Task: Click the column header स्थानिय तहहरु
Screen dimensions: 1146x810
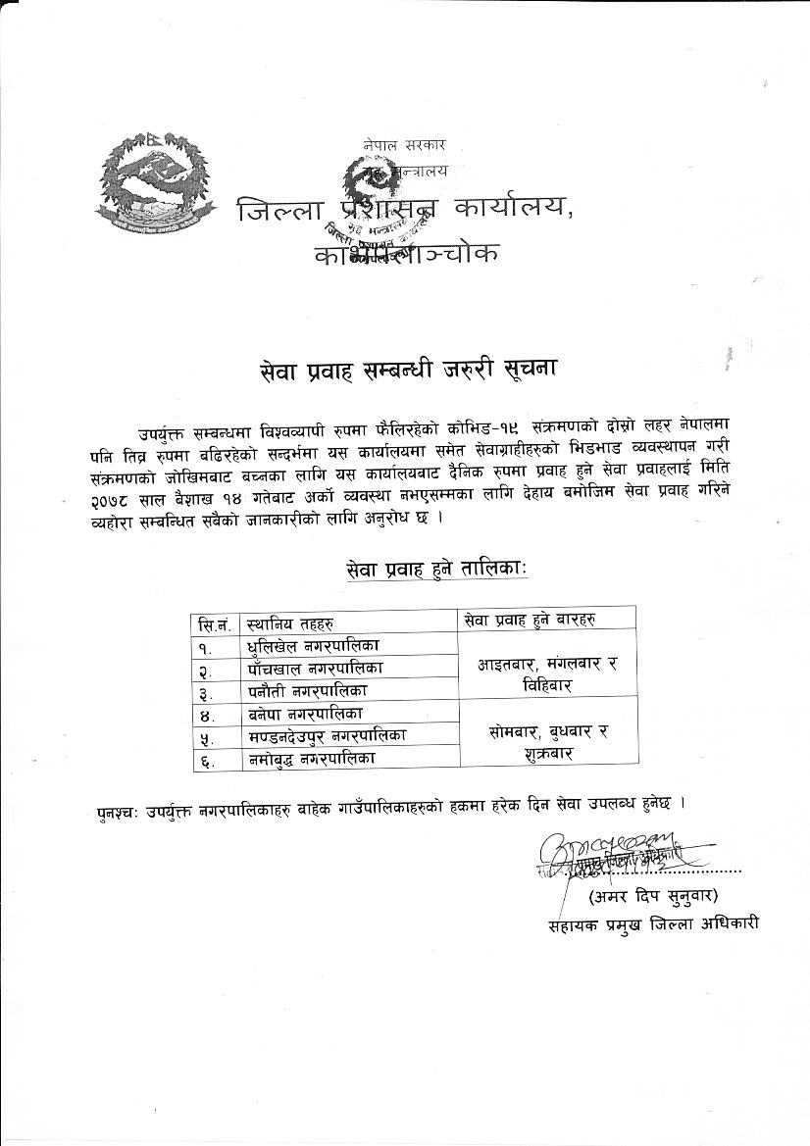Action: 291,622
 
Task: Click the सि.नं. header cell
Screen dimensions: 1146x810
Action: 216,623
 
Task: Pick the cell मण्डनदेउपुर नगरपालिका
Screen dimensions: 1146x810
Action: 329,735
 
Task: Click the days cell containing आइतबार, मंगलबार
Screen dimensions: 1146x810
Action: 546,676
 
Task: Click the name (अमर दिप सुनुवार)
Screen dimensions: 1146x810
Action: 653,896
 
